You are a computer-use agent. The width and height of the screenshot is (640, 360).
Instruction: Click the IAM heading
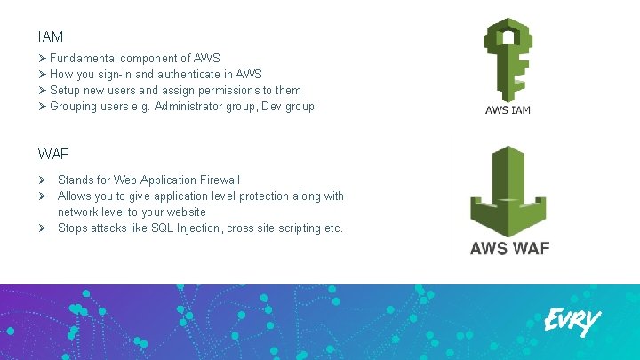pyautogui.click(x=50, y=38)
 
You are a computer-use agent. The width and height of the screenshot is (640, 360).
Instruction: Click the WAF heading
pyautogui.click(x=52, y=154)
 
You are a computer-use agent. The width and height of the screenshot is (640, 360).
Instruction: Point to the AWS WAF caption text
pyautogui.click(x=509, y=248)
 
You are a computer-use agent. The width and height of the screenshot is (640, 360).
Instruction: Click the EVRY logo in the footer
pyautogui.click(x=572, y=322)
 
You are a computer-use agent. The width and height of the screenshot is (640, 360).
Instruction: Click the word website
pyautogui.click(x=185, y=212)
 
